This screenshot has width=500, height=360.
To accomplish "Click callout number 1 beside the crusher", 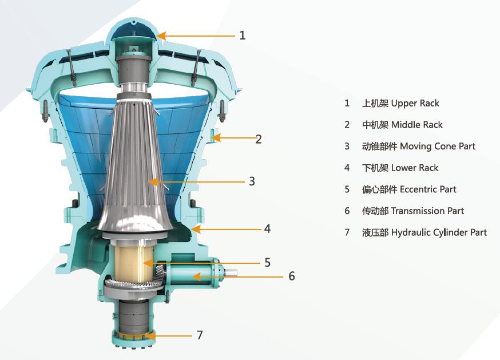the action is [x=243, y=35].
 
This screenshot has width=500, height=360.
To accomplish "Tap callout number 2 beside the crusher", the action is [x=259, y=139].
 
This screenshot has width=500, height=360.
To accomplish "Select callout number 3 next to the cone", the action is [x=252, y=181].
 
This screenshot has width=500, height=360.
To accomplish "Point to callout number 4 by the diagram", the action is [x=268, y=228].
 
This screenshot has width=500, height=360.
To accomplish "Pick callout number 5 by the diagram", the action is [x=268, y=263].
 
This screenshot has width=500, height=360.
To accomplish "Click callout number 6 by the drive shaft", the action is [x=291, y=276].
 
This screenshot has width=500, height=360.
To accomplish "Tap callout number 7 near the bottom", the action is [x=200, y=335].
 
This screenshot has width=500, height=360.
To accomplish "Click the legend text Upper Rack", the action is [x=415, y=103].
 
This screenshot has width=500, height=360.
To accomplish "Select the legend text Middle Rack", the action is [x=417, y=124].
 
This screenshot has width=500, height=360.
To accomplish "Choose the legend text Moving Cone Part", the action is [x=438, y=146].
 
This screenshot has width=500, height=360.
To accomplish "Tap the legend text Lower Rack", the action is [x=415, y=168].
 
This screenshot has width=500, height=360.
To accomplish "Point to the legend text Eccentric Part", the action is [x=428, y=189].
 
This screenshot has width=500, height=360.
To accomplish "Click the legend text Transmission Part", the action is [x=427, y=211].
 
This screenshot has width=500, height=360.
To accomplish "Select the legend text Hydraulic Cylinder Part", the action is [x=439, y=232].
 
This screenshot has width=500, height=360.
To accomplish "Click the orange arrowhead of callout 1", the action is [x=161, y=35].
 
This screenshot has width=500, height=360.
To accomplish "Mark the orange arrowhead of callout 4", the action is [x=196, y=229].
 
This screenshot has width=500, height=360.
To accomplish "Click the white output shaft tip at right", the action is [x=232, y=272].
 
